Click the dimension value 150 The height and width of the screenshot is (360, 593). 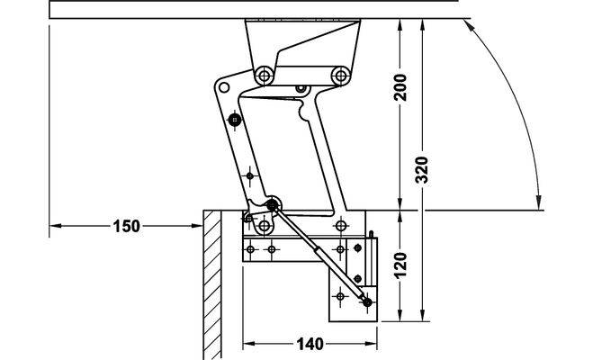(x=126, y=226)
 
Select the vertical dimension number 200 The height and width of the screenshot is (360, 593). (x=400, y=87)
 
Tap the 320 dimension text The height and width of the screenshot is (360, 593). (x=422, y=170)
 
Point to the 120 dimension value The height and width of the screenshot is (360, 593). (x=400, y=265)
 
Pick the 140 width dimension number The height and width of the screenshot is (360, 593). (x=310, y=344)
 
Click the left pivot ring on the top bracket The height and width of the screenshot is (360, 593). (x=265, y=76)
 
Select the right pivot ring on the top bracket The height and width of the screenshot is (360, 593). (x=341, y=76)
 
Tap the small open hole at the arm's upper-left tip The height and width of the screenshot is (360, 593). (x=224, y=87)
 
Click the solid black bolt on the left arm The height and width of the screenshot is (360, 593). (x=235, y=121)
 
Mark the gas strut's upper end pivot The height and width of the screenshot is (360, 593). (x=273, y=205)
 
